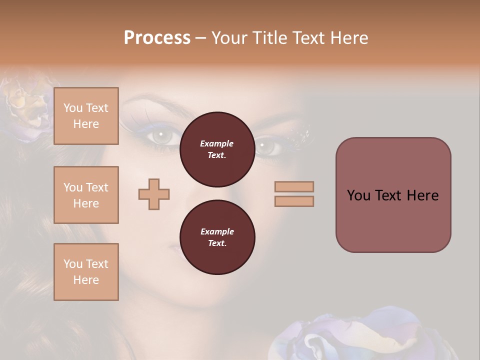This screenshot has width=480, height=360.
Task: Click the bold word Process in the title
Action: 157,38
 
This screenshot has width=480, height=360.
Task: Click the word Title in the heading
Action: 269,38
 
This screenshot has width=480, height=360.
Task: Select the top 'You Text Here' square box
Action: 86,116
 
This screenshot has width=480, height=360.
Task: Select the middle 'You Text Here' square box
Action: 86,195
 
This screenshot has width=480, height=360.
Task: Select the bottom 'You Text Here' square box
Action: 86,272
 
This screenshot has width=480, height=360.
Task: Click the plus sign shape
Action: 154,194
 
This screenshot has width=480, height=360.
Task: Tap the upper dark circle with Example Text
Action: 217,149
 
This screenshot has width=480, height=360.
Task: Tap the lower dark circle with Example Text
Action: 217,237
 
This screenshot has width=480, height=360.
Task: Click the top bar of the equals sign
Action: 294,187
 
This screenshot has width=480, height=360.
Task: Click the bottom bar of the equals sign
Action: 294,201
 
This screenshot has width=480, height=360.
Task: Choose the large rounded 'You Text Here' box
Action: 393,195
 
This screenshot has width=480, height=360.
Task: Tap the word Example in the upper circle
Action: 217,143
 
